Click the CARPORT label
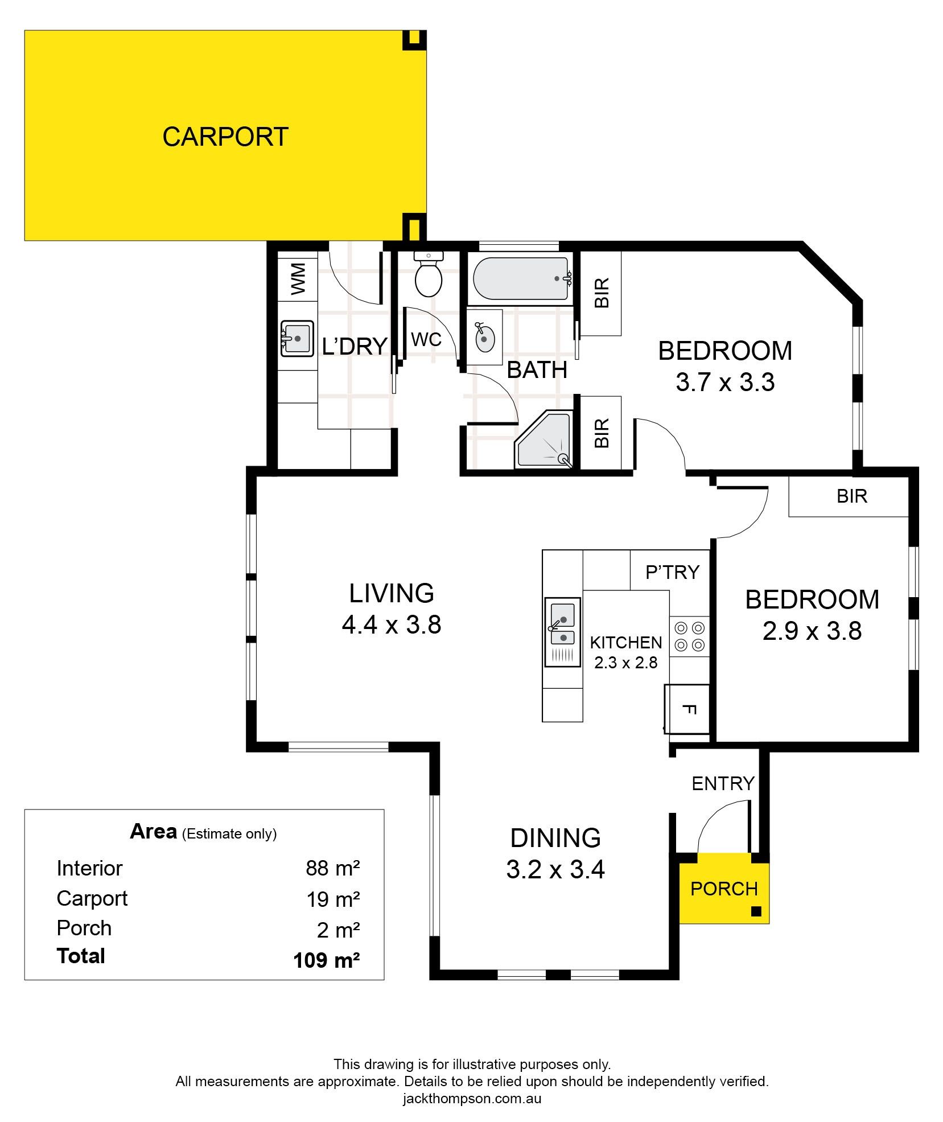pyautogui.click(x=225, y=137)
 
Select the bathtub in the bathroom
pyautogui.click(x=520, y=279)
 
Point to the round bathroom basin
pyautogui.click(x=484, y=338)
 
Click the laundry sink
pyautogui.click(x=297, y=339)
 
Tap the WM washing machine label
pyautogui.click(x=298, y=279)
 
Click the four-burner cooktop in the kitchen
pyautogui.click(x=690, y=637)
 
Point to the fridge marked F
pyautogui.click(x=687, y=709)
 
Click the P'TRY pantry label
pyautogui.click(x=672, y=572)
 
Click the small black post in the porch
pyautogui.click(x=756, y=911)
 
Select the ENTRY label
pyautogui.click(x=723, y=784)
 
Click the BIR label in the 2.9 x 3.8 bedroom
pyautogui.click(x=852, y=496)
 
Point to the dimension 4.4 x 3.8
pyautogui.click(x=392, y=625)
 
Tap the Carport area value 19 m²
pyautogui.click(x=333, y=899)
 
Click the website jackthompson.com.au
pyautogui.click(x=472, y=1098)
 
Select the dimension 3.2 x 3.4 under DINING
pyautogui.click(x=555, y=869)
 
